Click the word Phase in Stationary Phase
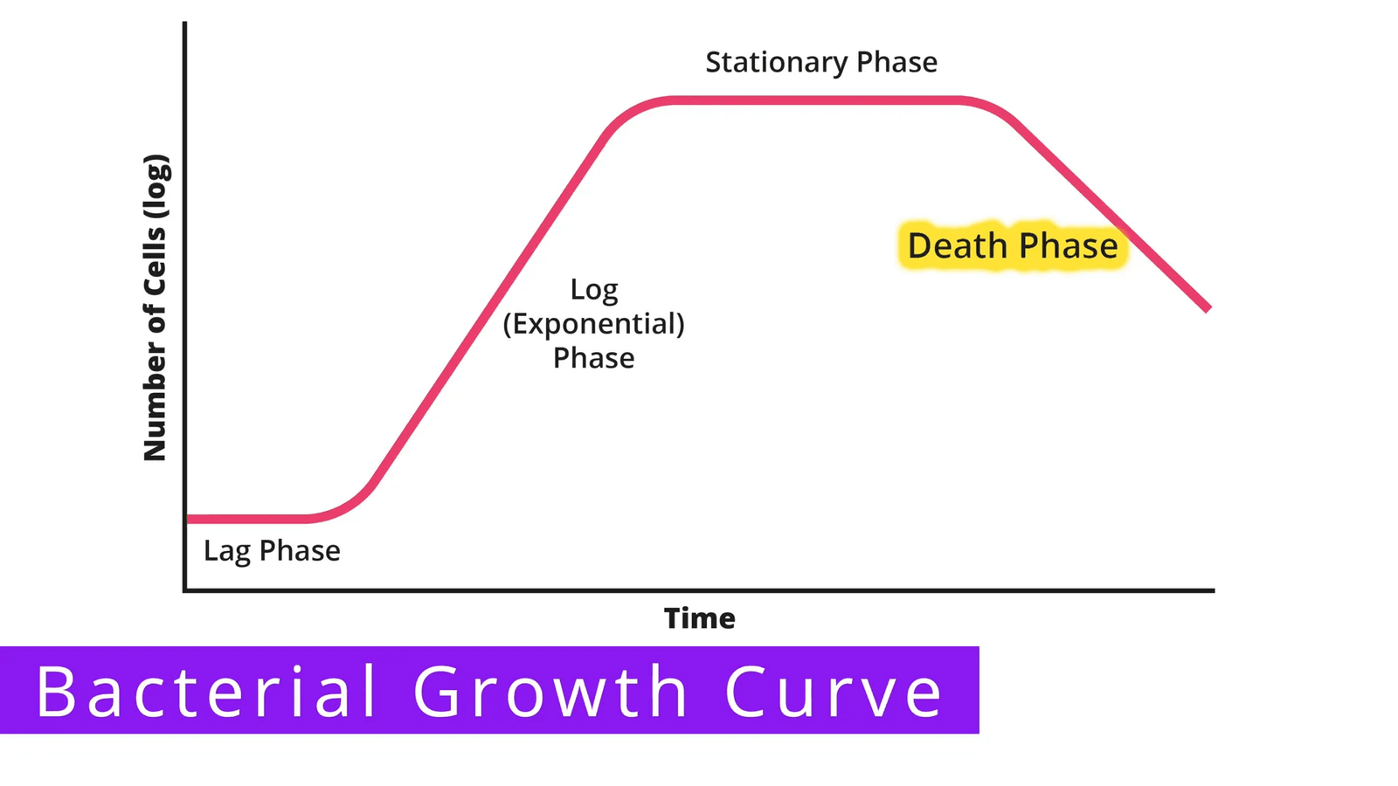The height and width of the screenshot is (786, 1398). click(x=896, y=62)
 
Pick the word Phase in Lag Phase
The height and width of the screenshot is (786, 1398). click(x=300, y=550)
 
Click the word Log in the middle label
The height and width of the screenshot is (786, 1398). click(x=594, y=291)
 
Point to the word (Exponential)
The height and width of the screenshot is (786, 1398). click(x=593, y=324)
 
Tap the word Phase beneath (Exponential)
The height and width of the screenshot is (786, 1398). click(x=593, y=358)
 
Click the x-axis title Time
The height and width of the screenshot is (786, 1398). click(x=700, y=618)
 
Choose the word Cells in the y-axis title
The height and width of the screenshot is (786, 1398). click(x=155, y=261)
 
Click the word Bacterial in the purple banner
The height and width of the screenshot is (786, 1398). click(x=206, y=691)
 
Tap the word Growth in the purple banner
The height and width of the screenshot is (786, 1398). click(x=550, y=691)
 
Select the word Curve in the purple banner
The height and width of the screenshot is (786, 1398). click(x=834, y=691)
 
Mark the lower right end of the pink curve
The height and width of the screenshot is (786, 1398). click(x=1208, y=308)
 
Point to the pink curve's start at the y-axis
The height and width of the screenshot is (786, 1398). click(x=189, y=519)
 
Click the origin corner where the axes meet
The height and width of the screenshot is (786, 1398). click(x=184, y=590)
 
